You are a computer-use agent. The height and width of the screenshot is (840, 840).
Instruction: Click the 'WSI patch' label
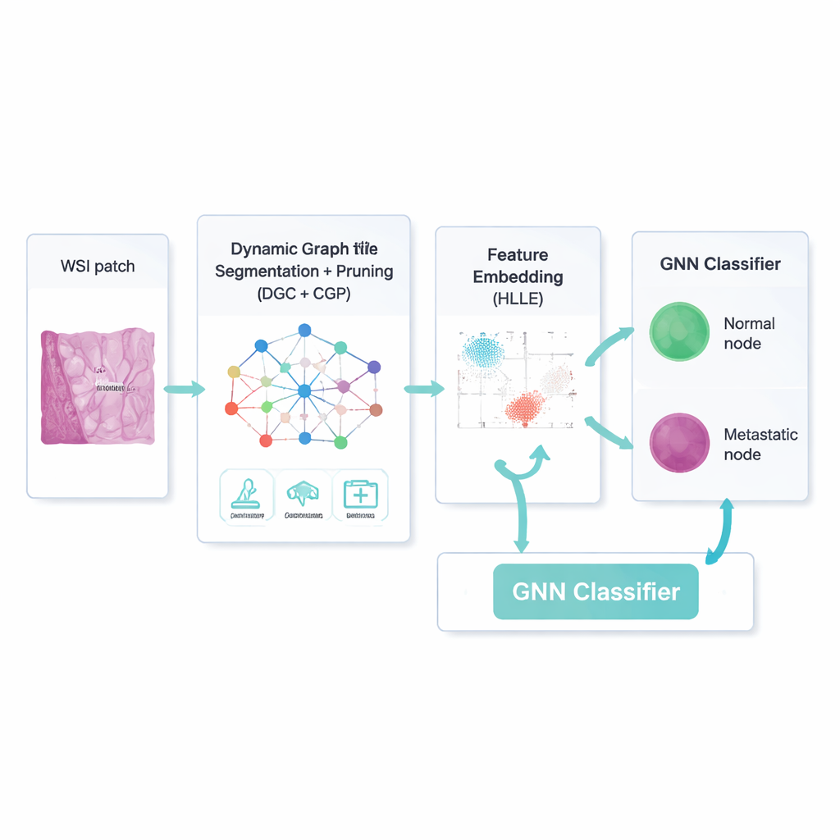click(98, 267)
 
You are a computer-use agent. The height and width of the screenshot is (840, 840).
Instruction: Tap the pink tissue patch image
click(98, 386)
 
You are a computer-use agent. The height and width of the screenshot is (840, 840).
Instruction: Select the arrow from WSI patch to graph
click(184, 388)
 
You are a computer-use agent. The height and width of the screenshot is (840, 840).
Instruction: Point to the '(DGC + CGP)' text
click(304, 294)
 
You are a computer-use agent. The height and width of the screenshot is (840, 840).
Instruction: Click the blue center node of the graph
click(304, 391)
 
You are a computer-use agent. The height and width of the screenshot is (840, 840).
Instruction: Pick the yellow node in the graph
click(234, 372)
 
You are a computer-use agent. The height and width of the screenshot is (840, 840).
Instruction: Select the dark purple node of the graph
click(374, 367)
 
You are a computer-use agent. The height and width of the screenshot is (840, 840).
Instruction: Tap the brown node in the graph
click(376, 409)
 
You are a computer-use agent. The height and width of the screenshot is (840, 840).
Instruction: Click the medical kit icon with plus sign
click(360, 495)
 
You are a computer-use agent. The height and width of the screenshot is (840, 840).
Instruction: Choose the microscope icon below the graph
click(247, 495)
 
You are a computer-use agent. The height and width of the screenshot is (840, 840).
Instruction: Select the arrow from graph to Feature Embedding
click(423, 388)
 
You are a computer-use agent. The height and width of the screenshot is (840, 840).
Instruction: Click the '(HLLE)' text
click(518, 299)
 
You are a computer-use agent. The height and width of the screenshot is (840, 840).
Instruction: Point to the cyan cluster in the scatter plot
click(483, 352)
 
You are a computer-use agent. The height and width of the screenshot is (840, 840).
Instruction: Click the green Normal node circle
click(679, 332)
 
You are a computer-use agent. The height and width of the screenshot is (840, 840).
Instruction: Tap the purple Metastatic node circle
click(679, 443)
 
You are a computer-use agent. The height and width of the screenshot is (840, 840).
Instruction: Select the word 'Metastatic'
click(760, 435)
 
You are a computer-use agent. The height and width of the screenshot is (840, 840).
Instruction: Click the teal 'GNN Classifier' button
click(596, 591)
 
